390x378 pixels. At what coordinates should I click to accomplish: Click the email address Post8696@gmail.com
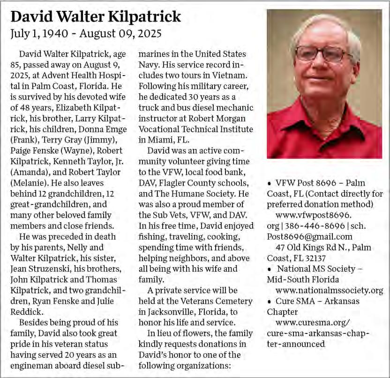310,236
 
